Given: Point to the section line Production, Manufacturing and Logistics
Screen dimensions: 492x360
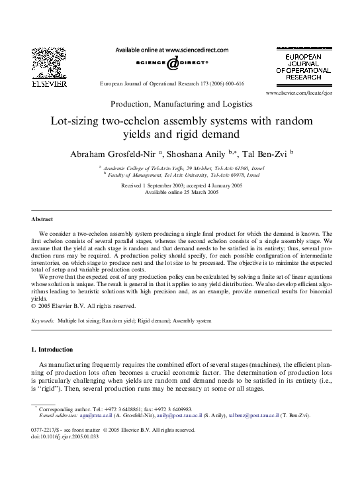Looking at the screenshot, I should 181,105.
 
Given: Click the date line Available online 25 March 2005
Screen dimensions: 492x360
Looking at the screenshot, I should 181,192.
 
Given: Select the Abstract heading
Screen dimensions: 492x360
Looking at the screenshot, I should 44,219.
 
